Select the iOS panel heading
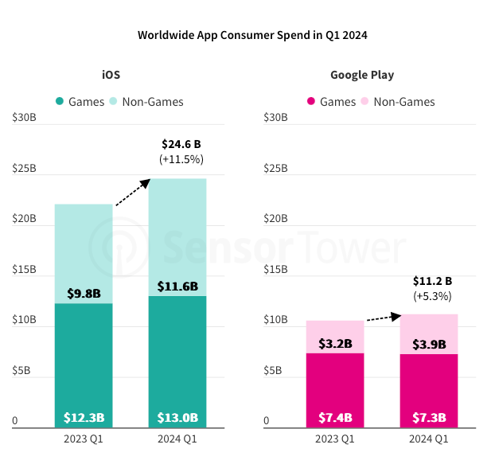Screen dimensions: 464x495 [111, 75]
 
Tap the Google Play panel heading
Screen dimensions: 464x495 [362, 75]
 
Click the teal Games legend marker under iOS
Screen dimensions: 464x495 [60, 102]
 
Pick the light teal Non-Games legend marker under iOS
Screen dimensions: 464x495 [113, 102]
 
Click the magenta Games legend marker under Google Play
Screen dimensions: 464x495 [311, 102]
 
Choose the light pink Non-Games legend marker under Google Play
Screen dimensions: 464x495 [364, 102]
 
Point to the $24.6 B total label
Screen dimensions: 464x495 [181, 144]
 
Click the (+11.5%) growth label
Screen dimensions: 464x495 [181, 159]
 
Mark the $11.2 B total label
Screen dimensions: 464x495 [432, 281]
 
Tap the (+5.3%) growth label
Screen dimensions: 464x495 [432, 296]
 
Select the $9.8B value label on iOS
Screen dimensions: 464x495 [84, 293]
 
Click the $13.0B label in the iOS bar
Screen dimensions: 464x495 [177, 418]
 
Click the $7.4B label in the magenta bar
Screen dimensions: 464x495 [335, 418]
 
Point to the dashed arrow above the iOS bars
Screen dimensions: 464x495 [133, 193]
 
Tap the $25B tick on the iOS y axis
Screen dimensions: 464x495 [25, 169]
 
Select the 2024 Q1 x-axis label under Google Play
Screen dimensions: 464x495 [429, 439]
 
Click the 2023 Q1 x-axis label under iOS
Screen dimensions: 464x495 [84, 439]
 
